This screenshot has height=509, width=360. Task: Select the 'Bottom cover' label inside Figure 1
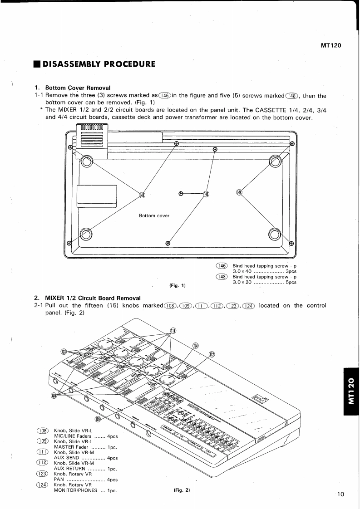154,215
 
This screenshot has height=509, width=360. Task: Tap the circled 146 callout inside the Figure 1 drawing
207,194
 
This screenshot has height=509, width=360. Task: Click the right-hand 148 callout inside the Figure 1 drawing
239,192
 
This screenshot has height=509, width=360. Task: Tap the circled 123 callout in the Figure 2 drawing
64,352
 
